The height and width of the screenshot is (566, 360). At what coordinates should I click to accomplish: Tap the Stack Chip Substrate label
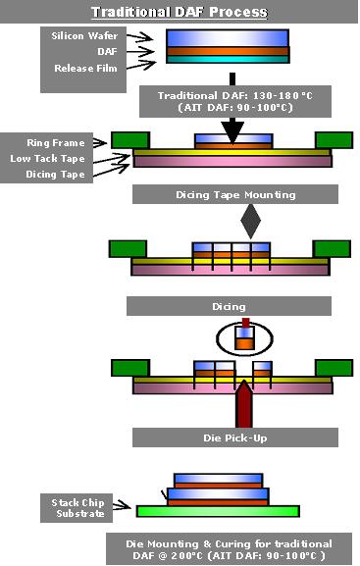click(78, 508)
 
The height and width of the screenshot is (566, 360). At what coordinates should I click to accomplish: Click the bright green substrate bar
click(220, 510)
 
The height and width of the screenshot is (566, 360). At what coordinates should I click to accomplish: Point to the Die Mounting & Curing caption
click(229, 549)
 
